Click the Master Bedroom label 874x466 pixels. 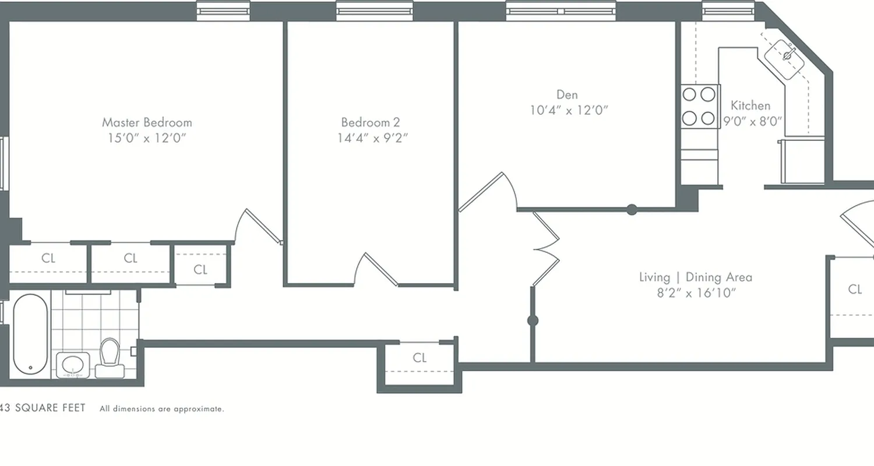pos(147,122)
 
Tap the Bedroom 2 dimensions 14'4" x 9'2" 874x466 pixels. pos(372,138)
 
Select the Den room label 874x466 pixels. pos(567,94)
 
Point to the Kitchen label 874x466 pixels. pos(750,105)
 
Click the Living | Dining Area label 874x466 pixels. pos(696,277)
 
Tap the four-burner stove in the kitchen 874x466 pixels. pos(699,106)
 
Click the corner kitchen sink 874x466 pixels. pos(787,56)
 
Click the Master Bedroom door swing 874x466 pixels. pos(256,227)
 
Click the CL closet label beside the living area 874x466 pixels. pos(855,289)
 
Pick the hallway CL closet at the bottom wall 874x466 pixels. pos(420,358)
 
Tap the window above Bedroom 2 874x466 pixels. pos(375,10)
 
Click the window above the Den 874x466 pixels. pos(561,10)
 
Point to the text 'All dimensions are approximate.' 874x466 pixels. pos(161,409)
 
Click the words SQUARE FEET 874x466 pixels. pos(50,408)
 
